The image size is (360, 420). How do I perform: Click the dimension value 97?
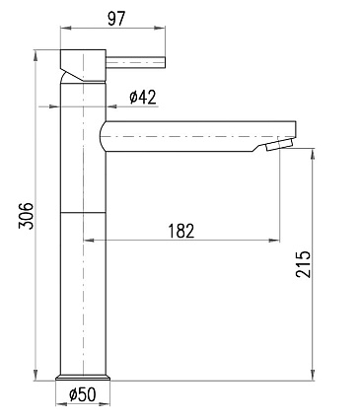click(x=116, y=19)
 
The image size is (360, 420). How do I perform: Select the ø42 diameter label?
click(x=143, y=97)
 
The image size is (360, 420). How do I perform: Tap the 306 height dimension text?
click(x=26, y=216)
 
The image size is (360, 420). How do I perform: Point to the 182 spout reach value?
click(x=181, y=231)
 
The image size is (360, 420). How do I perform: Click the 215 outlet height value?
click(x=303, y=264)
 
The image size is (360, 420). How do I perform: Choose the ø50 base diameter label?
click(x=83, y=394)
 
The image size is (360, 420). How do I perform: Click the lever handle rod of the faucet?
click(x=135, y=62)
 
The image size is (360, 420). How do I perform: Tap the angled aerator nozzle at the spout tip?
click(x=279, y=145)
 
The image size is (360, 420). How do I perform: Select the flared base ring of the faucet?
click(x=83, y=378)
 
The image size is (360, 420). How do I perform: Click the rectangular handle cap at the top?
click(x=83, y=65)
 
